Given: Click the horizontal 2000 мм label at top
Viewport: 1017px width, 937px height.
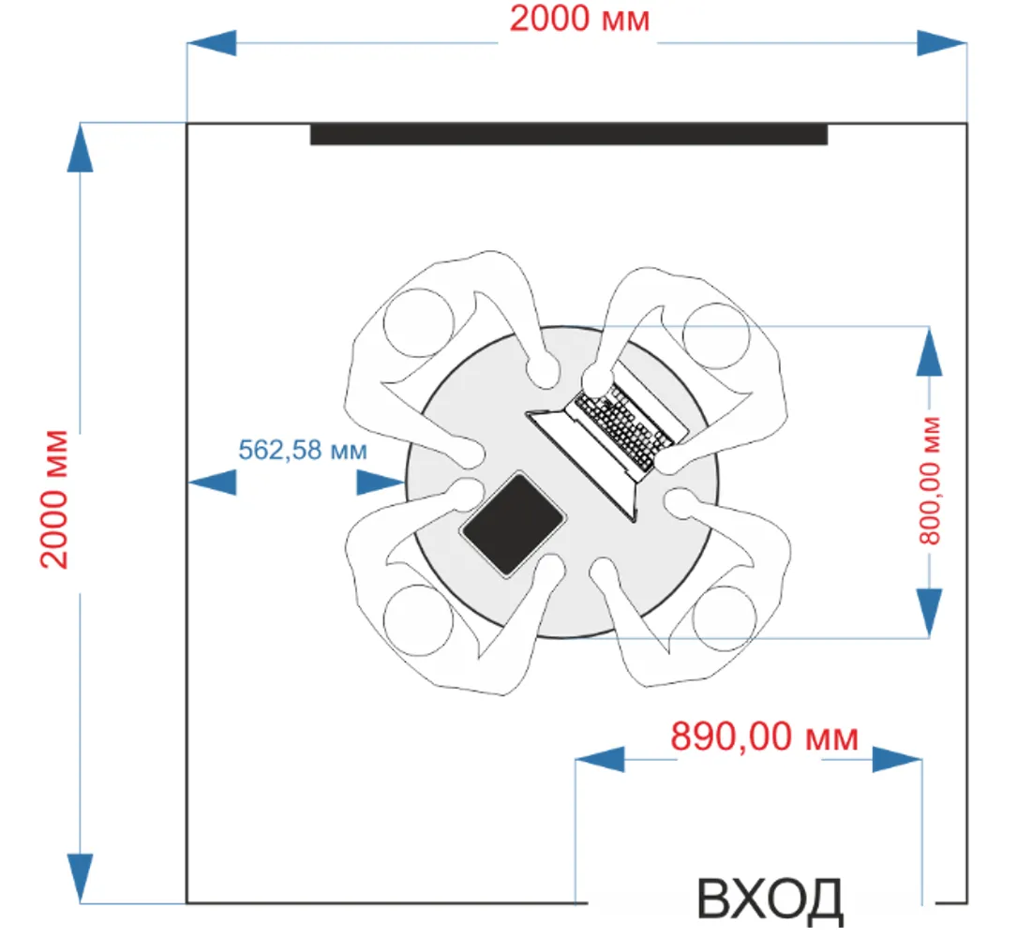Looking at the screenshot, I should coord(578,20).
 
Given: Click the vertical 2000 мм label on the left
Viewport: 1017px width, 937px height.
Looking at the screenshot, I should coord(55,498).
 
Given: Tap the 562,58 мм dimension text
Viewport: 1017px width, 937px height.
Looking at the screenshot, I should coord(302,450).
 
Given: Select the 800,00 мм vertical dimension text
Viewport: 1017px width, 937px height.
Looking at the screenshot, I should coord(929,481).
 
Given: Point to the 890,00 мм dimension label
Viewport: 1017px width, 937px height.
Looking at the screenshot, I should coord(764,737).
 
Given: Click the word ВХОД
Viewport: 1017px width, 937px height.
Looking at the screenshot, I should coord(770,900).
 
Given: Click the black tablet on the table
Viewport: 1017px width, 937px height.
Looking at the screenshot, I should coord(513,524).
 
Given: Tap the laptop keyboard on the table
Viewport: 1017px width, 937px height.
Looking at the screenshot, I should coord(624,430).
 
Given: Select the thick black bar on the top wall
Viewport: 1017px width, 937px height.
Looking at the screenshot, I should coord(569,135).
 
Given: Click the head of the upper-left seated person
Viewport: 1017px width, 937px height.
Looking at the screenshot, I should coord(419,323).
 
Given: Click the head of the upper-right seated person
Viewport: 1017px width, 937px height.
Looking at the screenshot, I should coord(717,335).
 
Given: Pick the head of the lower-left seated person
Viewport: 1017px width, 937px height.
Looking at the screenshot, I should coord(418,619).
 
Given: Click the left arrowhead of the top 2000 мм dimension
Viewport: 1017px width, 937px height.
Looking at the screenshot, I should coord(211,43).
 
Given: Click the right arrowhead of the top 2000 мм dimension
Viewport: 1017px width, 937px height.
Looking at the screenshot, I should coord(941,43).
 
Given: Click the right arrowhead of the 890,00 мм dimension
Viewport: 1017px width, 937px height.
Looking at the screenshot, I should coord(897,760).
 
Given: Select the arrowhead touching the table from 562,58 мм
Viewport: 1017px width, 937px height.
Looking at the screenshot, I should coord(381,482).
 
